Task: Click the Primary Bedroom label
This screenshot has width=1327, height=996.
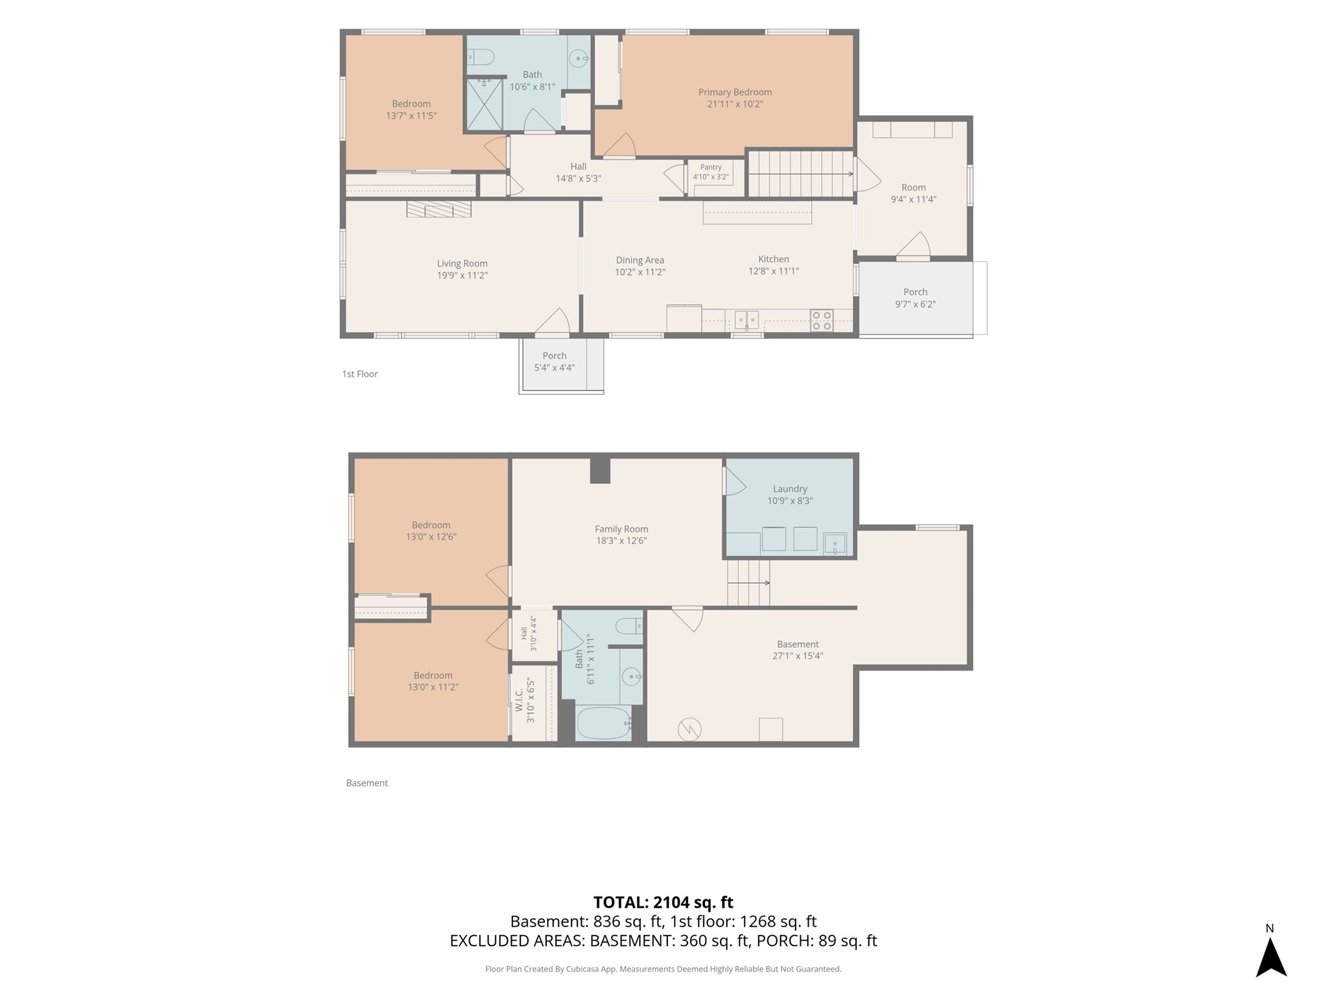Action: [735, 92]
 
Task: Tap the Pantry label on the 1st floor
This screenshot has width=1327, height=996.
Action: [711, 167]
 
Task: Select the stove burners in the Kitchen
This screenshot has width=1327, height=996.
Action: [822, 321]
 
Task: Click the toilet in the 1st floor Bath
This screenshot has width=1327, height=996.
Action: [480, 58]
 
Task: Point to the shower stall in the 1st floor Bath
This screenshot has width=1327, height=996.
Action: [484, 104]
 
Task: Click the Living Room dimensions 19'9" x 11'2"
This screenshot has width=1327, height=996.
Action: [462, 275]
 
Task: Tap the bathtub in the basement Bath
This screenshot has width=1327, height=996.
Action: [604, 723]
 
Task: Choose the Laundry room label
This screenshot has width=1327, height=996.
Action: [790, 489]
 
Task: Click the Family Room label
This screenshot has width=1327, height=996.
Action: [621, 529]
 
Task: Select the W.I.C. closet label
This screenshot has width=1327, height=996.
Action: [519, 700]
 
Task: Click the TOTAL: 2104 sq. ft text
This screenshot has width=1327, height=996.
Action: [663, 902]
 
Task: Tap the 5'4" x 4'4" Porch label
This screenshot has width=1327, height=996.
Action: [555, 361]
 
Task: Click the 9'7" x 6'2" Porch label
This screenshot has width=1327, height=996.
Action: [916, 298]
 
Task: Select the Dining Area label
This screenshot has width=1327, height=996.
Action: [640, 260]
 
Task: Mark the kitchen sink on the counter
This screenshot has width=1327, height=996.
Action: [746, 320]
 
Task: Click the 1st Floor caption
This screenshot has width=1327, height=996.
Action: [360, 374]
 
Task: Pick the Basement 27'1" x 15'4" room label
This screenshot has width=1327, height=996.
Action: [798, 650]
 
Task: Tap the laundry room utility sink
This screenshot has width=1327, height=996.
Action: [835, 544]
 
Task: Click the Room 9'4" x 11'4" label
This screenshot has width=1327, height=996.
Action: [914, 193]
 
